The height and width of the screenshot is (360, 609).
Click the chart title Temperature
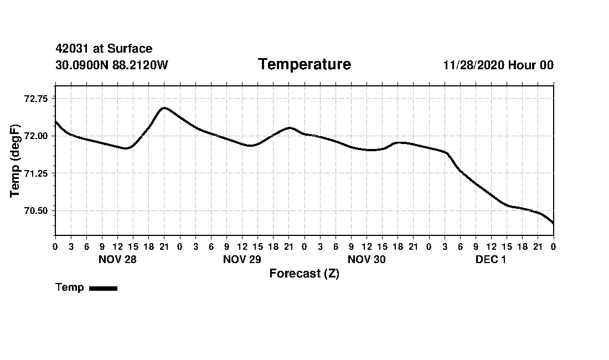(x=304, y=65)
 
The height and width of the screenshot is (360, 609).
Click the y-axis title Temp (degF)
(x=15, y=161)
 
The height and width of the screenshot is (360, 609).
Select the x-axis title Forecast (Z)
(x=304, y=274)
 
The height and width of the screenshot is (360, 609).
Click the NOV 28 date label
(x=117, y=259)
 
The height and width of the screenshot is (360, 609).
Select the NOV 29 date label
(x=242, y=259)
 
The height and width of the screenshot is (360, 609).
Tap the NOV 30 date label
(x=367, y=259)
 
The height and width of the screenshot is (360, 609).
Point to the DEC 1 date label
(x=491, y=259)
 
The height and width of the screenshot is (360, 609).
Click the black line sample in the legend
(x=103, y=288)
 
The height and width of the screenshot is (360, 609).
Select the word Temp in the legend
(x=70, y=287)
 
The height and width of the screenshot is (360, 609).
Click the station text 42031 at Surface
(x=104, y=49)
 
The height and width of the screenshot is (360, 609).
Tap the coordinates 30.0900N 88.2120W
(x=112, y=65)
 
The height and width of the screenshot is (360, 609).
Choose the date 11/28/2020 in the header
(x=473, y=65)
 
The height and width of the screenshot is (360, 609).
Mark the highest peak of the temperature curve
(x=164, y=107)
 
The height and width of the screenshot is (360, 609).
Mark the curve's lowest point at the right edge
(x=553, y=223)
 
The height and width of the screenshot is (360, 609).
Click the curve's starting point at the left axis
(x=55, y=121)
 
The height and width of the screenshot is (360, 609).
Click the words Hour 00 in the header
(x=531, y=65)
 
